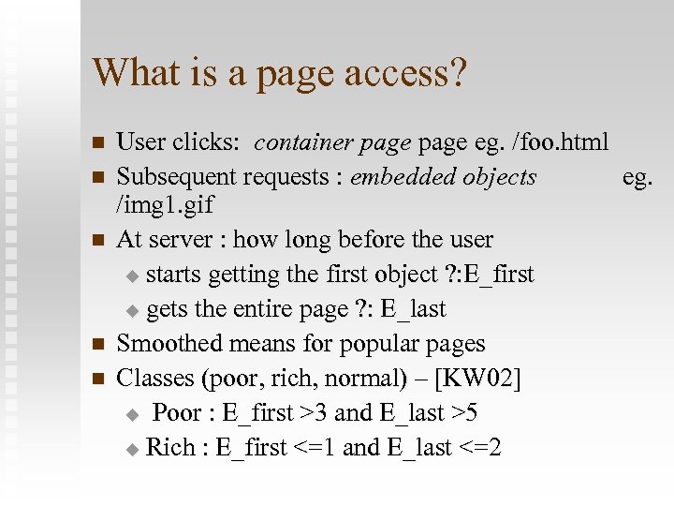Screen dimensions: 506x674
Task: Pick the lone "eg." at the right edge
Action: click(x=637, y=176)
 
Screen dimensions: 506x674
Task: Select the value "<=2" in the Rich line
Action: click(x=480, y=448)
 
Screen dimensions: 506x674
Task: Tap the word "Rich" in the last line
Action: click(x=170, y=448)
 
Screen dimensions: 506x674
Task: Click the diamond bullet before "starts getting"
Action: click(x=132, y=276)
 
